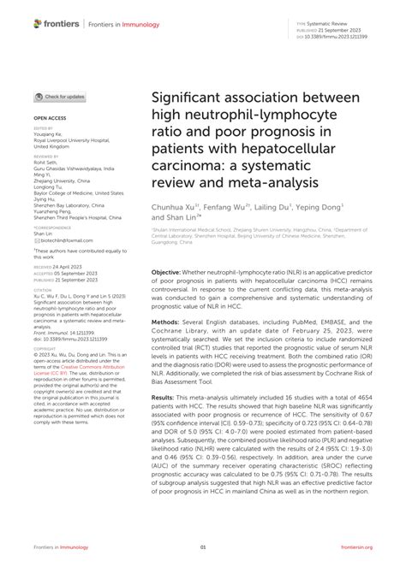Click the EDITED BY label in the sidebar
coord(42,127)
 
